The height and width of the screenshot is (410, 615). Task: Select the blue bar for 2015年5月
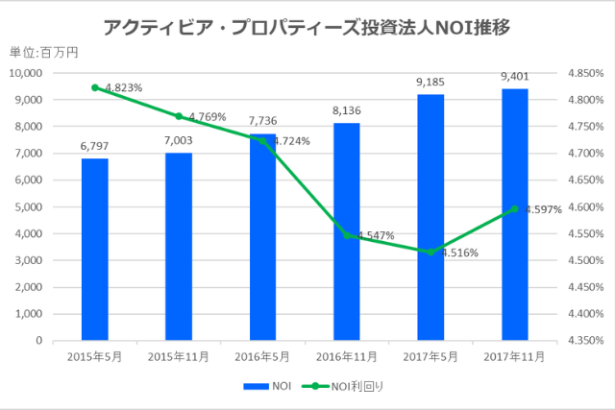coord(94,249)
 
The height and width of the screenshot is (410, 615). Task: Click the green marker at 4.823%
coord(94,87)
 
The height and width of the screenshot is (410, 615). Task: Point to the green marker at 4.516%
coord(430,252)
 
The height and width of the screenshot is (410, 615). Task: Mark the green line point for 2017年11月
coord(514,208)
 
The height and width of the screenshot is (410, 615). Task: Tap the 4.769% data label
coord(206,117)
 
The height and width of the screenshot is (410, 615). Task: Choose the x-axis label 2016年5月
coord(262,356)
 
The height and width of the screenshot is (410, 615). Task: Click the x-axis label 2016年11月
coord(347,356)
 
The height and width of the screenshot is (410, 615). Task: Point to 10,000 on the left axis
coord(26,73)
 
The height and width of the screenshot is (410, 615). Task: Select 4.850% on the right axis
coord(584,73)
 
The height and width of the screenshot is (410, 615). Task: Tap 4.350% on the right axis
coord(584,340)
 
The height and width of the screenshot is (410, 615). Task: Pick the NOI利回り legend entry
coord(347,386)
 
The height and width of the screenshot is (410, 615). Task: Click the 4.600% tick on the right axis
coord(584,206)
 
